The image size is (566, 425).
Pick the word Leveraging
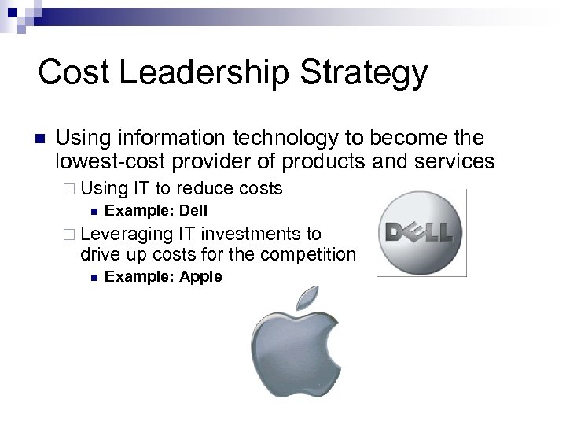pos(127,234)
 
